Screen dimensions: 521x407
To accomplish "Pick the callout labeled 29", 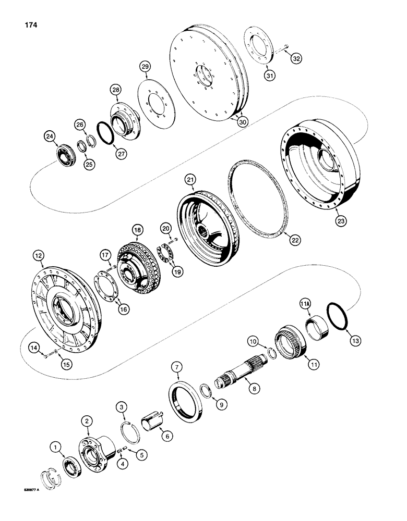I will click(x=145, y=66).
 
